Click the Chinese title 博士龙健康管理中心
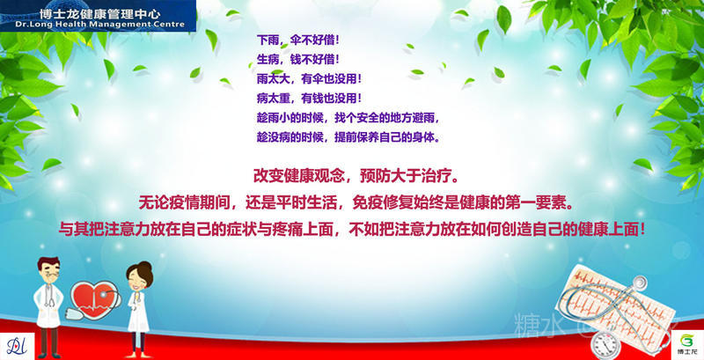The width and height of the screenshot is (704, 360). [99, 13]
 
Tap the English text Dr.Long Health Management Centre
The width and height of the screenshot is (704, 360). [99, 25]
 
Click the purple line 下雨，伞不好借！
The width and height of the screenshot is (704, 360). [298, 40]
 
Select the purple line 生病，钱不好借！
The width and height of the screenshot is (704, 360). [298, 59]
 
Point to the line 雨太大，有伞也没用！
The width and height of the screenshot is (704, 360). [310, 79]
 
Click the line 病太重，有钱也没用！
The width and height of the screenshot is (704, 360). [310, 99]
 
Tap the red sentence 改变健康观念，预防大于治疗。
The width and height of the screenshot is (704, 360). [356, 176]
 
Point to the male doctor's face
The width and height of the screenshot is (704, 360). [50, 272]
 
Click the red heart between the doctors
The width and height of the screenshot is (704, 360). [93, 298]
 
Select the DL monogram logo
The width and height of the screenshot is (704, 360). [17, 346]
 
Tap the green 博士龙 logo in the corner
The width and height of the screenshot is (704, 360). [687, 344]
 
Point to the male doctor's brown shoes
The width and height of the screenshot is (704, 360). [49, 355]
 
